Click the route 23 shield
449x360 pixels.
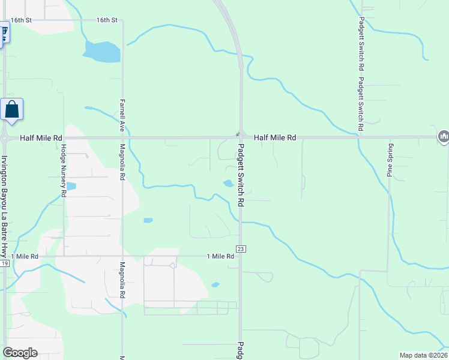(x=240, y=249)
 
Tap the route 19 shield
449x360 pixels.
(x=4, y=263)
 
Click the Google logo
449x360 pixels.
(x=20, y=353)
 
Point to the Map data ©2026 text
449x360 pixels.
(x=423, y=355)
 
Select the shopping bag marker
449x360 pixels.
(x=12, y=110)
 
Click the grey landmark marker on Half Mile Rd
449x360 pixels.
(x=443, y=137)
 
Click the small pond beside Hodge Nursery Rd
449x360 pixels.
(x=70, y=186)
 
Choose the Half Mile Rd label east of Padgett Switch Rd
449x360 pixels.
(x=275, y=137)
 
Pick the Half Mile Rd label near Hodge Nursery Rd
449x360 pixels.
(x=41, y=137)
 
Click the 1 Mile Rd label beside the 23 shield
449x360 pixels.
(x=220, y=256)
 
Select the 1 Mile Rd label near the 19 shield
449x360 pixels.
(x=25, y=256)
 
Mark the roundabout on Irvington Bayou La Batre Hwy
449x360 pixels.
(x=4, y=137)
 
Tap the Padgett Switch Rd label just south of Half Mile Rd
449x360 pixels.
(x=241, y=175)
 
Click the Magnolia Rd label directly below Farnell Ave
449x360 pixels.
(x=122, y=162)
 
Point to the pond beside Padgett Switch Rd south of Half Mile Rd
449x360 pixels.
(x=229, y=184)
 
